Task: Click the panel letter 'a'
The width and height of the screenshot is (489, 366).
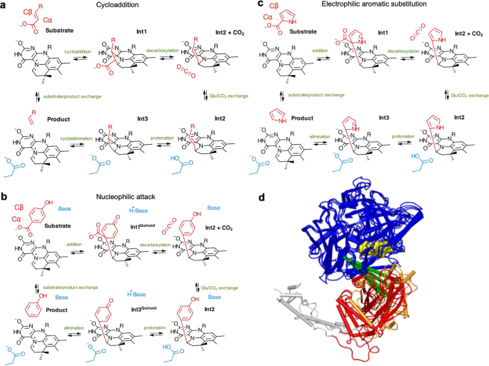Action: click(x=4, y=5)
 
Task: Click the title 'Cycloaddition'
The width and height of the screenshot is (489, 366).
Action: click(x=119, y=5)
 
